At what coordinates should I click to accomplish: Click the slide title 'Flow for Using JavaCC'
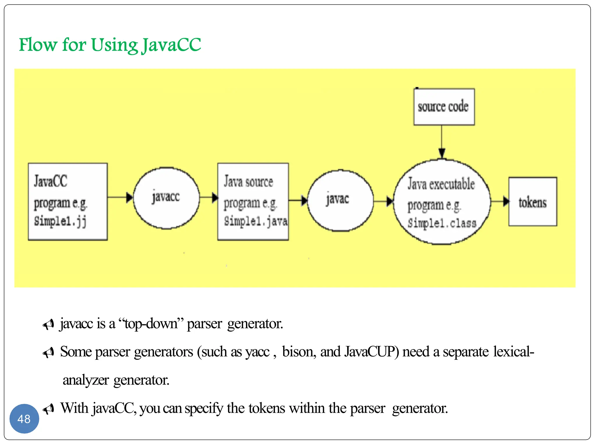(110, 45)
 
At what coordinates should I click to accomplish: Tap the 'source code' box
(444, 107)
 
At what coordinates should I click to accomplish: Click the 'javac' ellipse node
(340, 200)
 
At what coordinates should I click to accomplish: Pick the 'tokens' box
(533, 202)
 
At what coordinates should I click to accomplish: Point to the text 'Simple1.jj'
(60, 221)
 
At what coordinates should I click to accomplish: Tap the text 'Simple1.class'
(442, 223)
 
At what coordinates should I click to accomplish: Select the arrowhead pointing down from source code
(442, 153)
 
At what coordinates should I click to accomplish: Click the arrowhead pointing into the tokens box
(506, 201)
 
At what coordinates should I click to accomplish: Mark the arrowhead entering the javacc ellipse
(129, 197)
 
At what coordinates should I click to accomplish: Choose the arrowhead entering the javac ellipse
(304, 200)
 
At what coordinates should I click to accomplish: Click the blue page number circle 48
(24, 419)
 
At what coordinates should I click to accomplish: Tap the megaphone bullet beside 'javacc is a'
(49, 324)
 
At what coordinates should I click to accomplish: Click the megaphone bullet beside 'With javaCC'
(49, 409)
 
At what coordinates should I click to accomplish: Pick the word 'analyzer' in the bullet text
(86, 380)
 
